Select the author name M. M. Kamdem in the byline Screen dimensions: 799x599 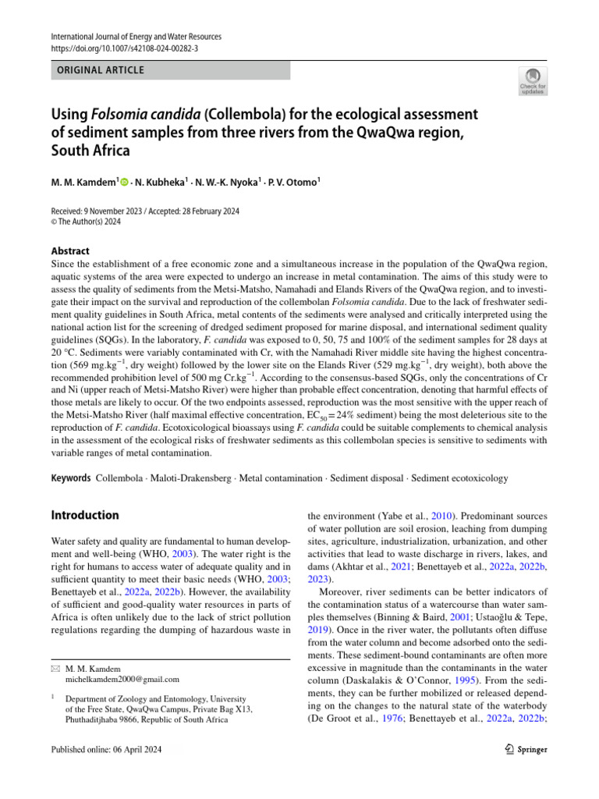[83, 183]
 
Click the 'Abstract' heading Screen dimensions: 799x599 [69, 251]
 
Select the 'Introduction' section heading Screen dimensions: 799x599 [84, 515]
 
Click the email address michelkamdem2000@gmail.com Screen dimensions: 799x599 [122, 680]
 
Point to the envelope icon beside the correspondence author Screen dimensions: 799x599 [54, 669]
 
